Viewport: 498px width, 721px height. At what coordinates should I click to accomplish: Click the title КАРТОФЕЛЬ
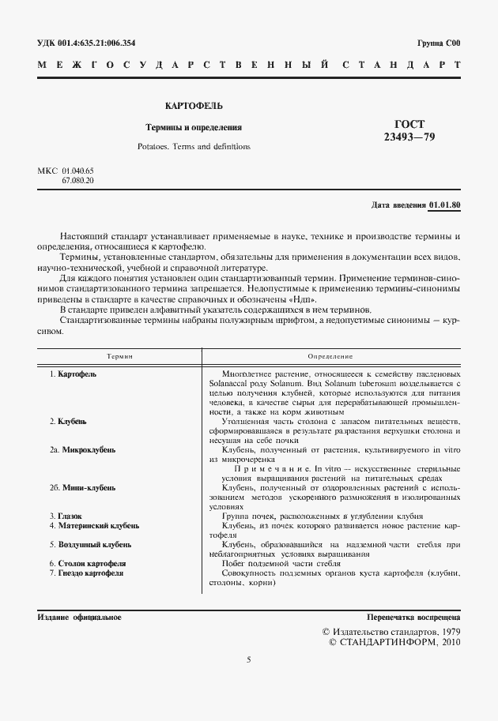(194, 105)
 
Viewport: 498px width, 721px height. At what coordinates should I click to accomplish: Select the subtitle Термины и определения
(194, 127)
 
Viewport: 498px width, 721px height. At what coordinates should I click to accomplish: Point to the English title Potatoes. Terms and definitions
(194, 146)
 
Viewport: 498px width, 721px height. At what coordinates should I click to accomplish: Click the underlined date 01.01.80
(445, 205)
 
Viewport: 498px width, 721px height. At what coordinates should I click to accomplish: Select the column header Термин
(119, 358)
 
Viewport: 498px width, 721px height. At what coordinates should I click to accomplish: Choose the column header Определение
(330, 358)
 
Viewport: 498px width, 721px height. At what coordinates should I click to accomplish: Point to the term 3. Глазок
(66, 516)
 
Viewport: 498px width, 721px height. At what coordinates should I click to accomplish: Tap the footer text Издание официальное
(79, 616)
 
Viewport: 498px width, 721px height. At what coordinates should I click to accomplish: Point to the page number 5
(248, 680)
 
